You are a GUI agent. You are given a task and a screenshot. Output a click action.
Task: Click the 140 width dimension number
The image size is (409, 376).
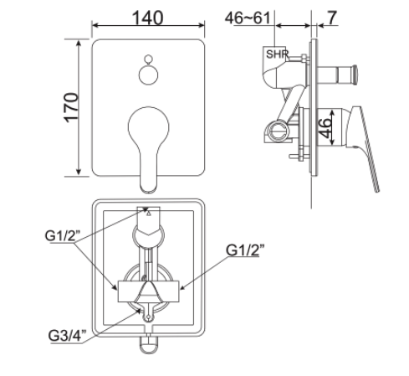pyautogui.click(x=147, y=18)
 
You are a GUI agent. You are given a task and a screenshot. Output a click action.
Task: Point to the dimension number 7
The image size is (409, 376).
pyautogui.click(x=334, y=17)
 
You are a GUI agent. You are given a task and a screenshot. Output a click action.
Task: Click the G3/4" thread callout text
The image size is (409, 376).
pyautogui.click(x=71, y=336)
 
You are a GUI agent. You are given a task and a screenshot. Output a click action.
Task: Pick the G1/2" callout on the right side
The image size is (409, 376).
pyautogui.click(x=248, y=250)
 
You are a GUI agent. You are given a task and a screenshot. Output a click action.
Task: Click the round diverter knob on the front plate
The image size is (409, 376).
pyautogui.click(x=148, y=74)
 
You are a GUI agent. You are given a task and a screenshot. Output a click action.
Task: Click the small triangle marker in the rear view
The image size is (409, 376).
pyautogui.click(x=148, y=214)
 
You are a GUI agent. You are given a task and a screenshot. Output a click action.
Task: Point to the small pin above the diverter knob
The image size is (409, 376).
pyautogui.click(x=148, y=59)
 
